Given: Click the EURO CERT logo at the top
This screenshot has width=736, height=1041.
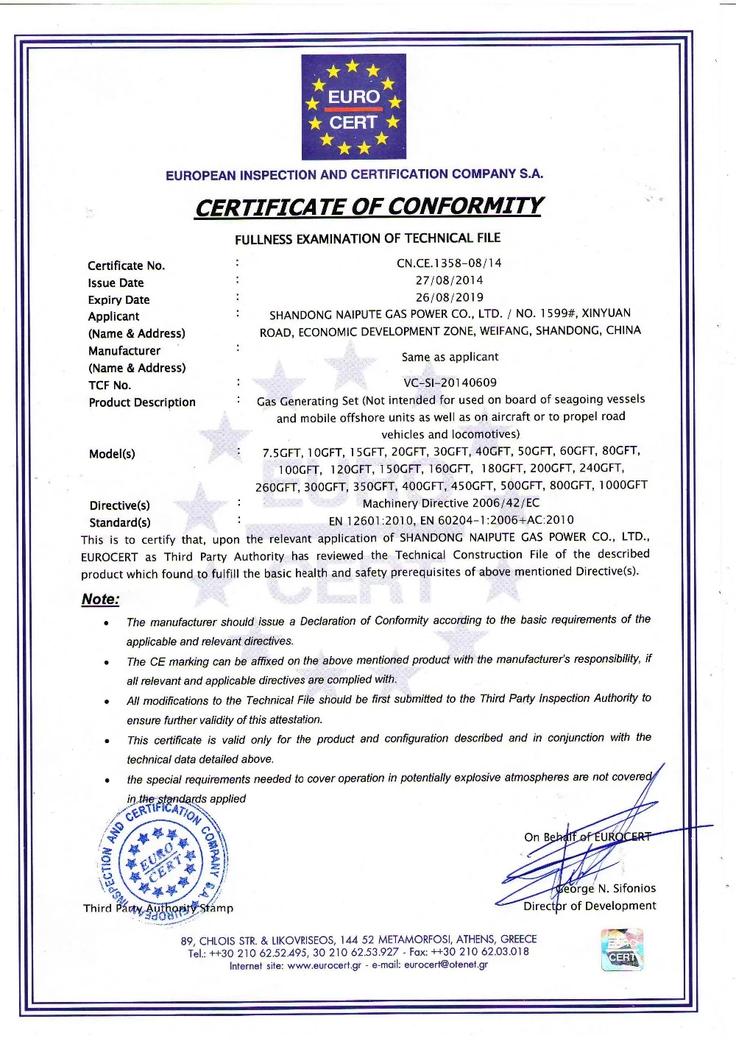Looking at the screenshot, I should coord(353,107).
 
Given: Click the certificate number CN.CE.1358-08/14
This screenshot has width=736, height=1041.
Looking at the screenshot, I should coord(449,263).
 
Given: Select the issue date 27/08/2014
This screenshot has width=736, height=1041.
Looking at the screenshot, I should coord(449,280).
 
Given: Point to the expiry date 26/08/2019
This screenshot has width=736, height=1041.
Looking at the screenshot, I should coord(449,297).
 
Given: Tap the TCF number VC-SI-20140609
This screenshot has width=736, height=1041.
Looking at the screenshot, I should coord(450,383).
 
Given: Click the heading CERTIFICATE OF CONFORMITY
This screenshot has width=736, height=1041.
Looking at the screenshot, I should coord(368,207).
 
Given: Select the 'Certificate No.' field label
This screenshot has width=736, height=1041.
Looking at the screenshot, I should coord(126,266).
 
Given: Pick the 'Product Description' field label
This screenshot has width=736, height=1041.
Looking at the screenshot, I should coord(142,402).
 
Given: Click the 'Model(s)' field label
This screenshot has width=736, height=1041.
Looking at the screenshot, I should coord(112,454).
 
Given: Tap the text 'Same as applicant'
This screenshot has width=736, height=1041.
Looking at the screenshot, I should coord(450,357).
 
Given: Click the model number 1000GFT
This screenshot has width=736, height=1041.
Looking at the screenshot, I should coord(623,485).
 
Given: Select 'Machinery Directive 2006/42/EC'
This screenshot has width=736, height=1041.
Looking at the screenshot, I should coord(450,503).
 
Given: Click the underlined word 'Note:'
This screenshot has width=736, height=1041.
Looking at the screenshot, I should coord(100,600).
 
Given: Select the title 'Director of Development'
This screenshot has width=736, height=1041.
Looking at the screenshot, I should coord(590,906).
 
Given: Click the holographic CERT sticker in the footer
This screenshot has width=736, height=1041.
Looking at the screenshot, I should coord(622,950).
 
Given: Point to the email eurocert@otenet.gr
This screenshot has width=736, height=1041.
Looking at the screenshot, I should coord(446,965).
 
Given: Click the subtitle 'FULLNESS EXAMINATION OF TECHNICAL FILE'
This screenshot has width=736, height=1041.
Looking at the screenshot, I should coord(367,238).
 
